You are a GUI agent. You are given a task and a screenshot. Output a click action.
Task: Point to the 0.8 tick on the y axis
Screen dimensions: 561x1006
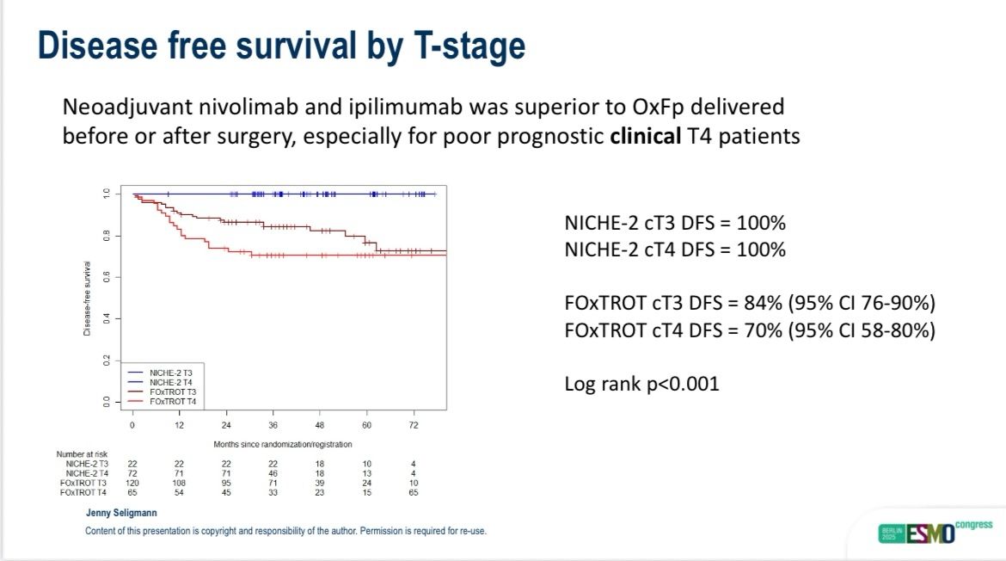coord(107,236)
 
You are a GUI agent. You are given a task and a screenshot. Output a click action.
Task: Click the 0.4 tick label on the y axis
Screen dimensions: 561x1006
coord(107,319)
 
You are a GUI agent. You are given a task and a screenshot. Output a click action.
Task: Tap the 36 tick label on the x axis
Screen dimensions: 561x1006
coord(273,426)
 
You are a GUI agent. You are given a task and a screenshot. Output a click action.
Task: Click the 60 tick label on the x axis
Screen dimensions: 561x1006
coord(366,426)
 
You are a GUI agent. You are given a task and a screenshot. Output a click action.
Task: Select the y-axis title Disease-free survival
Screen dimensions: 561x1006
coord(88,299)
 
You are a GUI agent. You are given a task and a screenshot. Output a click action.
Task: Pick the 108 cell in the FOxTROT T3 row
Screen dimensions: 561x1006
coord(179,483)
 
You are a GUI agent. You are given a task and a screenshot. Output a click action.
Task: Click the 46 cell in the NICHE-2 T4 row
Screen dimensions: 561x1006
coord(273,473)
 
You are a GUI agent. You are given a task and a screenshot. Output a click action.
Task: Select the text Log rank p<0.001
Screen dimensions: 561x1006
coord(641,384)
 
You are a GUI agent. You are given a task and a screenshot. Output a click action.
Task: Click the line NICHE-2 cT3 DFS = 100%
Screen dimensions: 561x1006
coord(675,224)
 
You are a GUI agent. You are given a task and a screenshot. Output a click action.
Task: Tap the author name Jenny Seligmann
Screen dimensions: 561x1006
coord(120,514)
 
